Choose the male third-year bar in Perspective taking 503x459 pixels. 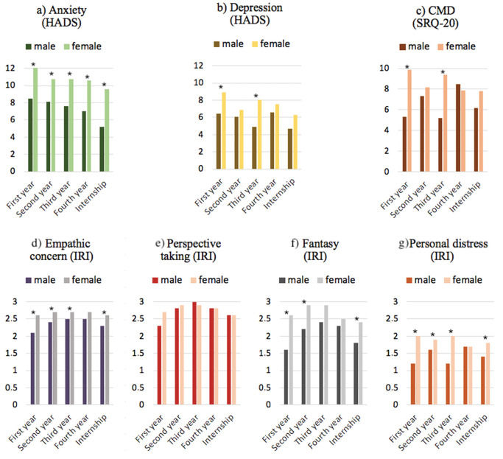click(194, 353)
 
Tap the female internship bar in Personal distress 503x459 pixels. click(487, 374)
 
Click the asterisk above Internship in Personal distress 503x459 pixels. click(485, 339)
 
